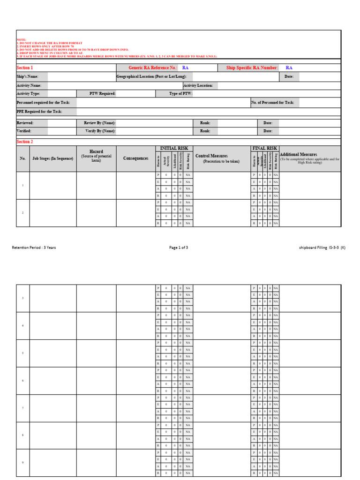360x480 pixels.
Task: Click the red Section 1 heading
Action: (x=25, y=67)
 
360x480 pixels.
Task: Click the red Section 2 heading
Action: (x=25, y=142)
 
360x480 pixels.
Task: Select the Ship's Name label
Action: (x=27, y=76)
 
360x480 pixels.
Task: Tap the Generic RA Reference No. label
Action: (x=153, y=67)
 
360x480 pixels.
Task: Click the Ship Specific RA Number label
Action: (x=252, y=67)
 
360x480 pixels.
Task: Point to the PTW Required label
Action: (x=102, y=93)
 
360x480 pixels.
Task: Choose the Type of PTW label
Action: (x=181, y=93)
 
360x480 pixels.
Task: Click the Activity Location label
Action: (x=198, y=85)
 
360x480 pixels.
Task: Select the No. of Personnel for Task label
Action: (x=273, y=102)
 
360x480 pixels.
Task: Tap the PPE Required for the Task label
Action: (x=39, y=112)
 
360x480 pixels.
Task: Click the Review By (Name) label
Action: (x=100, y=123)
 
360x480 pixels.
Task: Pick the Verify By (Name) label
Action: (x=100, y=131)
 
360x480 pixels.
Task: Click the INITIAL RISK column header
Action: (x=174, y=148)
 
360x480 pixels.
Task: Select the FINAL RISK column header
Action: (x=265, y=148)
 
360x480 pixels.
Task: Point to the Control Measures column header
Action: (x=211, y=156)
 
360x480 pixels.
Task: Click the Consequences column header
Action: (x=135, y=158)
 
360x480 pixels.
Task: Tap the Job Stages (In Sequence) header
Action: (x=53, y=158)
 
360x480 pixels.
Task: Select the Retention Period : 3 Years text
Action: (x=34, y=247)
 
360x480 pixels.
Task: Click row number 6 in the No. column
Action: (x=22, y=381)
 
